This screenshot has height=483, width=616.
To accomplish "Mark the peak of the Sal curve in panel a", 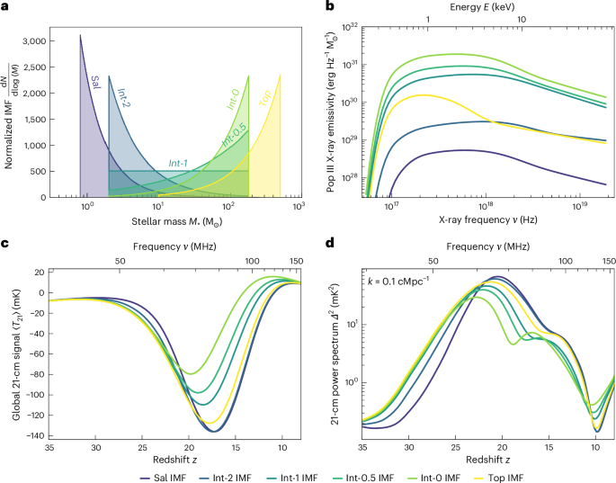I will [x=80, y=35].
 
